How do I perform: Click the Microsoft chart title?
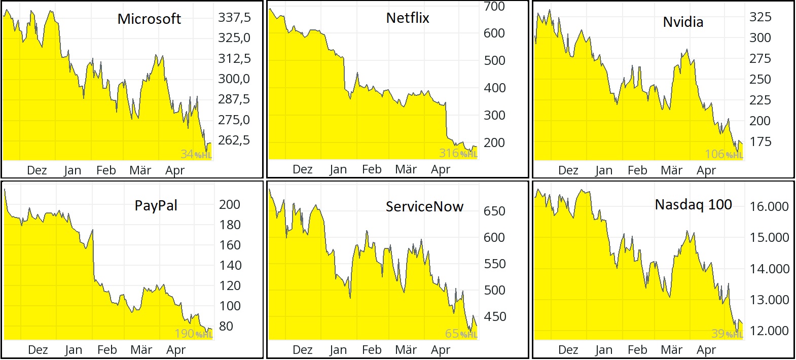pos(149,19)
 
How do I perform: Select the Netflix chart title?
pos(408,18)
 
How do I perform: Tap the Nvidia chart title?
pos(683,22)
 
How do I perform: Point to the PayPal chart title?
pos(156,206)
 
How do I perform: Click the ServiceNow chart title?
pos(424,207)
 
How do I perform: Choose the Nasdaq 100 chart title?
pos(693,205)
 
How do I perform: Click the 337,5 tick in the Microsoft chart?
pos(234,18)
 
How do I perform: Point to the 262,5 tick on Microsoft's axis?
pos(234,140)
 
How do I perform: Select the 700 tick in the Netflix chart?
pos(494,7)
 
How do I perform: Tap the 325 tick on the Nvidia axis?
pos(760,17)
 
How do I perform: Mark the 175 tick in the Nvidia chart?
pos(760,141)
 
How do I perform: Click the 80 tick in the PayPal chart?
pos(226,326)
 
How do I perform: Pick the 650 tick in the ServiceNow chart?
pos(494,211)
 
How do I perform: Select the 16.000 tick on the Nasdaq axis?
pos(769,206)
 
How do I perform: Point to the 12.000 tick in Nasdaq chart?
pos(769,331)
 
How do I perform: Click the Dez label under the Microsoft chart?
pos(37,170)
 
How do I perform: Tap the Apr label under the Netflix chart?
pos(441,169)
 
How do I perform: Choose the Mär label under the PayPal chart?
pos(141,350)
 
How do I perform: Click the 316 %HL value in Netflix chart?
pos(458,153)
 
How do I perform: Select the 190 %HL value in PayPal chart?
pos(193,334)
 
